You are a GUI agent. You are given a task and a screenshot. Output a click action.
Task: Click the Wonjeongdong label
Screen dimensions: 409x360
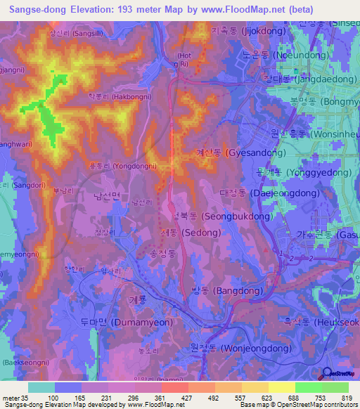click(236, 348)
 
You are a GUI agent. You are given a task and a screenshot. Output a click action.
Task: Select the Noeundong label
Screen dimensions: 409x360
click(281, 55)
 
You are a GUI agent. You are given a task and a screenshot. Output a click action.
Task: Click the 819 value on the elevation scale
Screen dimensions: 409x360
click(346, 398)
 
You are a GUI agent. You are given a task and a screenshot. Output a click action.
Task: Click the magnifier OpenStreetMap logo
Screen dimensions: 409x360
click(327, 375)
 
